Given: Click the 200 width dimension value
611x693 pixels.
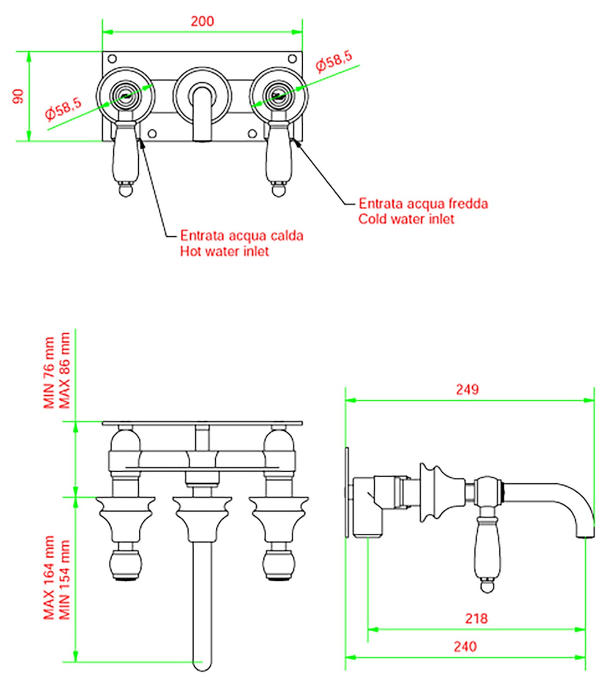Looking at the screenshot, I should [202, 21].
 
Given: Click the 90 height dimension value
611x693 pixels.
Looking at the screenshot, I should [18, 96].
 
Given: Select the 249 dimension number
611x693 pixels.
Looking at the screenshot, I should [467, 389].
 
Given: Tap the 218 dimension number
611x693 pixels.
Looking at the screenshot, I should [476, 619].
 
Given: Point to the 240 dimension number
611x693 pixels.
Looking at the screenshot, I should [465, 646].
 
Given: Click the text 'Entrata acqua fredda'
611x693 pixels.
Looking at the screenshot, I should [423, 204].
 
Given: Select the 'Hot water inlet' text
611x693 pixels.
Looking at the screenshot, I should [225, 252].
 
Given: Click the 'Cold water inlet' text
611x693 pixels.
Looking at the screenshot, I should [406, 219].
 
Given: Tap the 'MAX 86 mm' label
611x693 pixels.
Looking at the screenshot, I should [65, 370].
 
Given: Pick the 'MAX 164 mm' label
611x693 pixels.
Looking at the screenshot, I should [49, 578].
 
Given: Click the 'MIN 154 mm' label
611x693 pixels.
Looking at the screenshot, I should [65, 580].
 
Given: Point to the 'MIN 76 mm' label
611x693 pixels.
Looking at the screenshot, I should [49, 373].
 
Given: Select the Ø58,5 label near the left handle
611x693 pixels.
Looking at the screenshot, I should [63, 108].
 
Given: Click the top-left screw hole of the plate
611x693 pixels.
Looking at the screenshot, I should [112, 58].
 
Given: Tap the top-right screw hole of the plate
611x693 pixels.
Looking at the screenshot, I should [292, 58].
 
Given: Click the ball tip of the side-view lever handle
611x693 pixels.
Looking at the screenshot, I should [487, 586].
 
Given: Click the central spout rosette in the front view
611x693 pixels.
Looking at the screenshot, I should [202, 96].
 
